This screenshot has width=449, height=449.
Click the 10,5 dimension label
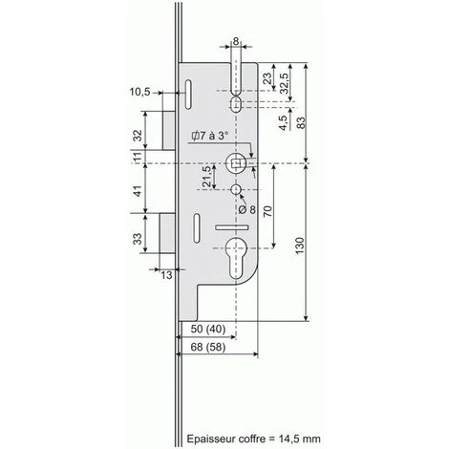pos(139,92)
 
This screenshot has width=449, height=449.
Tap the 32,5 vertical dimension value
pos(284,83)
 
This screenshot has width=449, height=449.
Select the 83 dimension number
pos(300,123)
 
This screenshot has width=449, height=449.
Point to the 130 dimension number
pos(300,246)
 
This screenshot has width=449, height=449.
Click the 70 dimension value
pos(268,211)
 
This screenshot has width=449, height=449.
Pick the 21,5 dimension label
pos(206,177)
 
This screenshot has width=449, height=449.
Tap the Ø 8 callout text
pos(247,209)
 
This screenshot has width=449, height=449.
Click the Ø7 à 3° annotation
pos(209,136)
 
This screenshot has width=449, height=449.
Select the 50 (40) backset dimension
pos(208,329)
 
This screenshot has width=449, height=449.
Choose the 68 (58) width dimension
pos(208,347)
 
